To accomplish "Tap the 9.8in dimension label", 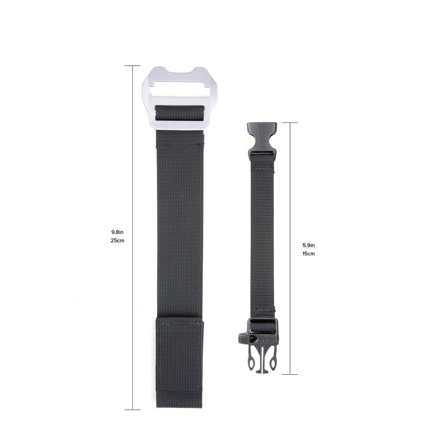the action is point(117,232).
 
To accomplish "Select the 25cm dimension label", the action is point(117,241).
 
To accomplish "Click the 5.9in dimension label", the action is point(309,245).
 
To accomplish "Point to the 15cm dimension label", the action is point(309,254).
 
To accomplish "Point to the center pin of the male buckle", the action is point(262,365).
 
